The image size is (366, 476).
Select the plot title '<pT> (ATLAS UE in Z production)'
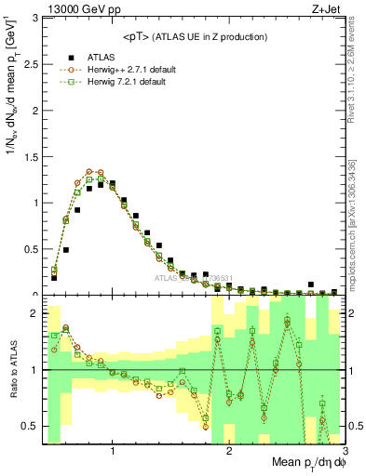(193, 36)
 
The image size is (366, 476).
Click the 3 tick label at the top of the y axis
(35, 17)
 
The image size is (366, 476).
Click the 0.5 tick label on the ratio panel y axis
(31, 427)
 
